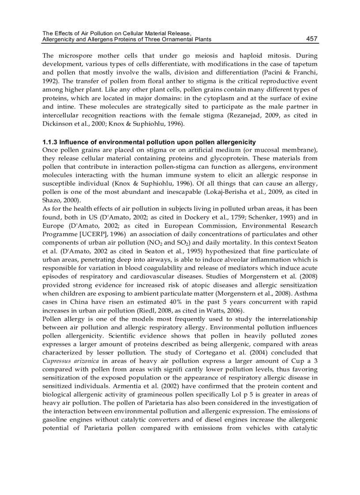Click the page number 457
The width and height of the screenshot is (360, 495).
tap(311, 39)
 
